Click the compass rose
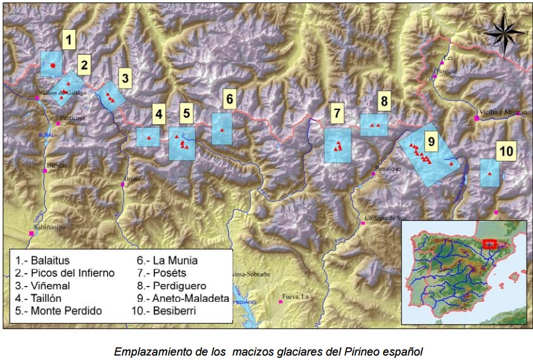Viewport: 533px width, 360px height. tap(504, 33)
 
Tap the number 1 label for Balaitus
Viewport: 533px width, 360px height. tap(70, 40)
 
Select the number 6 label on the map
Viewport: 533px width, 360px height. tap(229, 98)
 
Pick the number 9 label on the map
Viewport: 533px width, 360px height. tap(430, 142)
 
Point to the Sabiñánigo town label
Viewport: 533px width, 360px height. tap(50, 227)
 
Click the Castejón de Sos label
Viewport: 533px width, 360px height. tap(385, 218)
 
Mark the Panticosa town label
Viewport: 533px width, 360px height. tap(73, 118)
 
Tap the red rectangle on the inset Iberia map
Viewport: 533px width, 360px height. tap(490, 244)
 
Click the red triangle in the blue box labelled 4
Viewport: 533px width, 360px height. tap(148, 137)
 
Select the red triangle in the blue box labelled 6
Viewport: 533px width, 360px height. tap(222, 129)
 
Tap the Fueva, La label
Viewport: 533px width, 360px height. tap(296, 295)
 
